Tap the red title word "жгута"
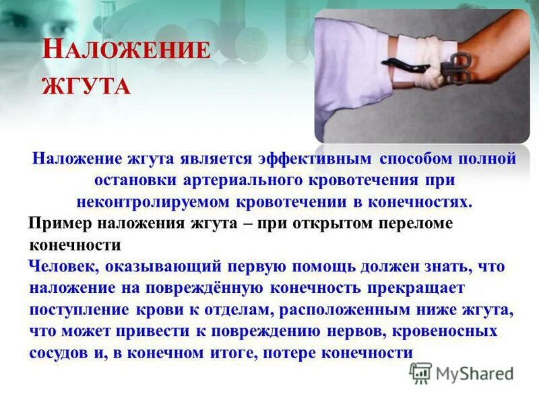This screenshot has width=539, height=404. pyautogui.click(x=86, y=86)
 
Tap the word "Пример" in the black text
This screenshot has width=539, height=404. pyautogui.click(x=61, y=224)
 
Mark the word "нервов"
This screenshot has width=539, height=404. pyautogui.click(x=354, y=331)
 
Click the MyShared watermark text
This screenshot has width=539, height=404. pyautogui.click(x=475, y=374)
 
